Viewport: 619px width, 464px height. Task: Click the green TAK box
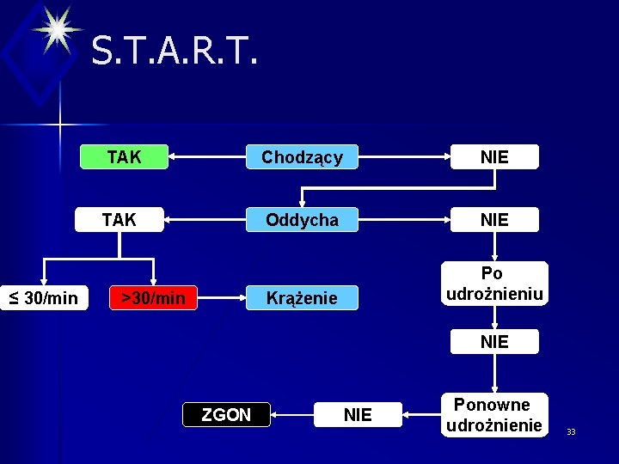124,157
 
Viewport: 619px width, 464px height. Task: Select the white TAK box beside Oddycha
119,220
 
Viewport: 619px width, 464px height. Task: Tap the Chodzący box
302,157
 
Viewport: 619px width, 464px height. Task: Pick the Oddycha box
302,220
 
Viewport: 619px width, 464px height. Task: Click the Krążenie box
302,298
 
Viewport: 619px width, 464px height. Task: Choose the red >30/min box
153,298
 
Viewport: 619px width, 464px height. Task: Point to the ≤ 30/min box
44,298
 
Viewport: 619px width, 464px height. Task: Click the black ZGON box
226,415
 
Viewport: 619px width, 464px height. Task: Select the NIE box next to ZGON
358,415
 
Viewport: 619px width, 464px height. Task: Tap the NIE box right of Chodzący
494,157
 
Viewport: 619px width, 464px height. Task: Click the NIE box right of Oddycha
494,220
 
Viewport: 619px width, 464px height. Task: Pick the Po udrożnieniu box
494,284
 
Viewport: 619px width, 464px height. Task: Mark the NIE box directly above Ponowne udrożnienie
494,342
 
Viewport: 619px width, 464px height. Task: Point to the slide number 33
571,431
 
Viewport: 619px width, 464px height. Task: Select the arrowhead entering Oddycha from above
302,204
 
